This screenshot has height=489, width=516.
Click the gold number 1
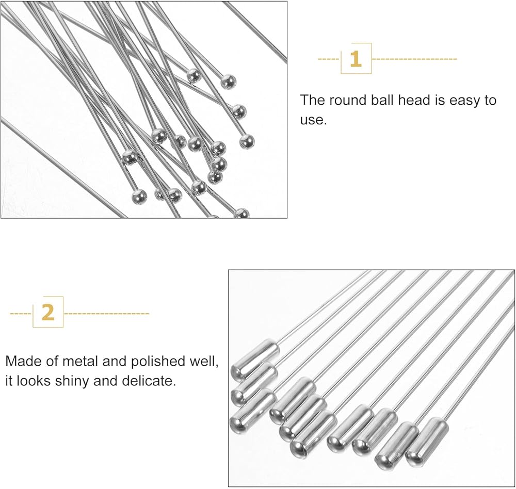click(355, 59)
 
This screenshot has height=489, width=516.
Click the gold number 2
click(47, 312)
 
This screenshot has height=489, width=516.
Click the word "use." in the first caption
click(313, 120)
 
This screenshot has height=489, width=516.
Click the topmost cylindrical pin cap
click(255, 357)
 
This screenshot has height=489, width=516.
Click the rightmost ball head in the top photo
click(247, 141)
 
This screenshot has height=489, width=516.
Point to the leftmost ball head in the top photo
click(130, 157)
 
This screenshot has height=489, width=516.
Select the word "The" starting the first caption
click(312, 100)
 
